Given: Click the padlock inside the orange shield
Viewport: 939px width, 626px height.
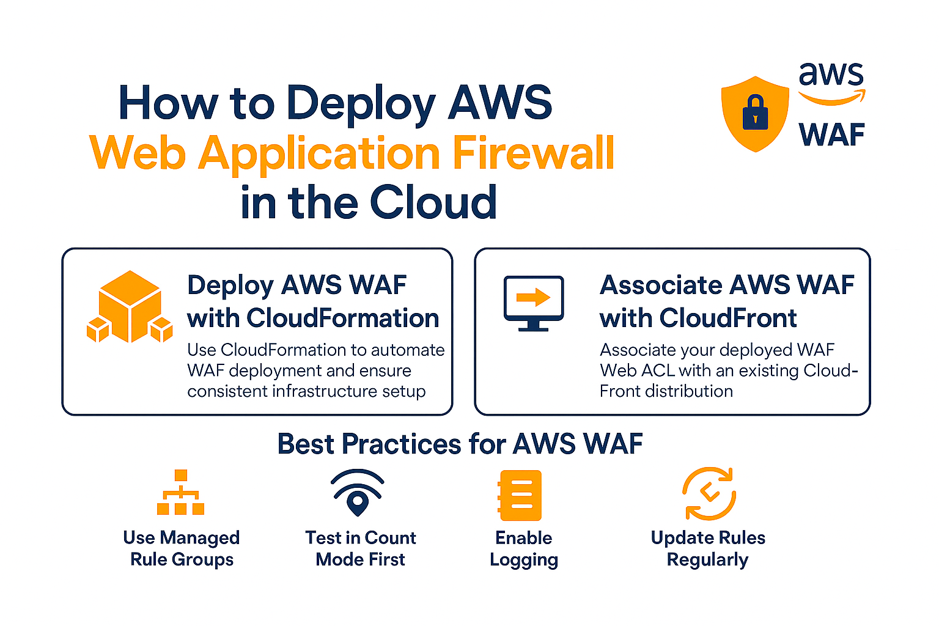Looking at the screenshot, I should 756,113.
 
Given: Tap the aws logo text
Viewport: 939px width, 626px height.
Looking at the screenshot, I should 831,74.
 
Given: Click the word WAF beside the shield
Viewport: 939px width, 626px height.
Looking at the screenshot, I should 832,134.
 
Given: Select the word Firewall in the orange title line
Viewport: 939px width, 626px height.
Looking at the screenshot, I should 533,153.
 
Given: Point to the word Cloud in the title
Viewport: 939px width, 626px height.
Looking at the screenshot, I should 433,202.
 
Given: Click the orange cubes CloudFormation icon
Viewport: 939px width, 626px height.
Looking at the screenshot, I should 130,307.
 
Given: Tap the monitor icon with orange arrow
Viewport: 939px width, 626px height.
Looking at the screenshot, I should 534,303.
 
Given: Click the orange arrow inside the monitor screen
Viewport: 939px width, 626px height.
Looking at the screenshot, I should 533,298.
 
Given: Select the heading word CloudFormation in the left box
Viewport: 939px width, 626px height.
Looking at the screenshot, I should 343,319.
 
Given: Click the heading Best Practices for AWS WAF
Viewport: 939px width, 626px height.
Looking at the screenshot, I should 460,444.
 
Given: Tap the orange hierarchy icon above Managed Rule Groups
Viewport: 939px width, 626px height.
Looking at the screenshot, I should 181,492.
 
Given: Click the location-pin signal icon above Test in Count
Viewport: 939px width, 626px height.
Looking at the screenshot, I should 358,493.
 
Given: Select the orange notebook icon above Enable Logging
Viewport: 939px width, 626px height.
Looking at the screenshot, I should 520,495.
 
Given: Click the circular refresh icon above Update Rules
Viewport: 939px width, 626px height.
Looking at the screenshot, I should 709,494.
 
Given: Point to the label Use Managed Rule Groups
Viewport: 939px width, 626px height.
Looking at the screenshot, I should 182,548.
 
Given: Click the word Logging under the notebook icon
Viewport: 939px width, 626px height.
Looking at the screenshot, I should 524,560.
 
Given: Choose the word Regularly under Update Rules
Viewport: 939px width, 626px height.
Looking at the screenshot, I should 707,560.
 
